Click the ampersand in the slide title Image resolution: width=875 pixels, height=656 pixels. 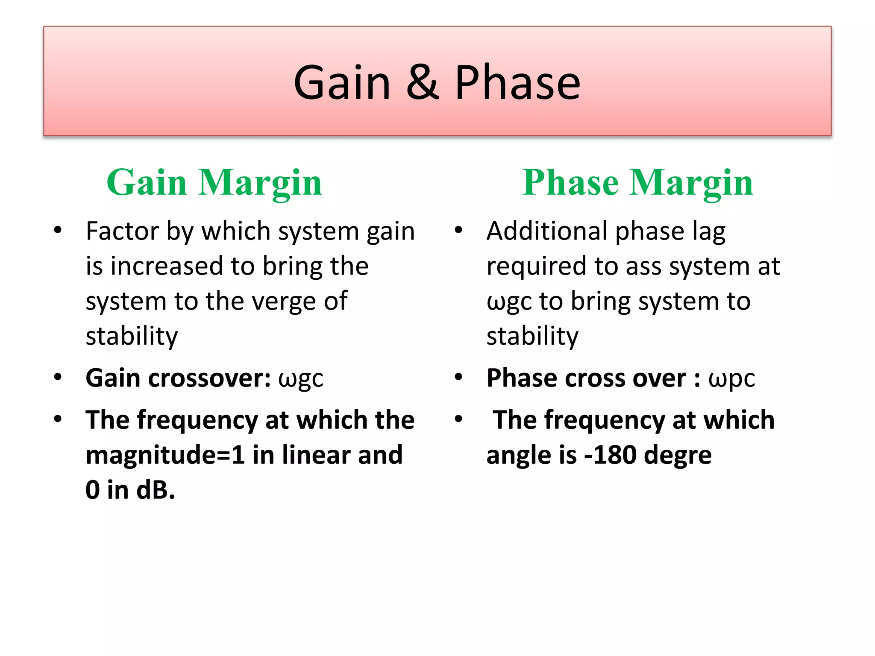point(422,82)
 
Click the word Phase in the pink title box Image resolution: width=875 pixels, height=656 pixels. point(517,82)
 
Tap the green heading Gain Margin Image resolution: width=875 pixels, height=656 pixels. point(214,182)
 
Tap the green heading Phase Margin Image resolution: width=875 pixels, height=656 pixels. point(637,182)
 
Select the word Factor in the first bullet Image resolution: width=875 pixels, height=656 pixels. point(122,231)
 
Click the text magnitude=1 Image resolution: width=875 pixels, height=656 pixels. point(165,455)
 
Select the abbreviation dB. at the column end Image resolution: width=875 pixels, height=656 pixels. point(156,490)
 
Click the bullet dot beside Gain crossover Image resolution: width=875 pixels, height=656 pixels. point(58,377)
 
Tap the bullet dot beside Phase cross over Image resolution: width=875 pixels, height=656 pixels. point(458,377)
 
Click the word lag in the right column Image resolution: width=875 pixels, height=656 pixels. point(709,231)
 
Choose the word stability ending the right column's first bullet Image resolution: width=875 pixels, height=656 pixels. point(532,336)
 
